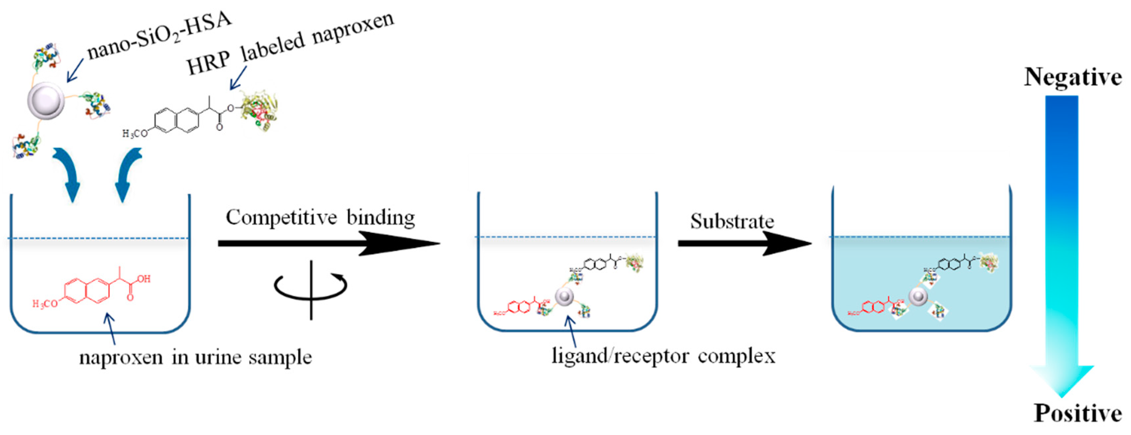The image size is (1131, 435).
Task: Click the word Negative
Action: (1073, 77)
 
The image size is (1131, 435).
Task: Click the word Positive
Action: (1078, 413)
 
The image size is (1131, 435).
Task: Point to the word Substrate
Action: (732, 221)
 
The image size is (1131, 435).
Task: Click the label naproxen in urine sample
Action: (195, 357)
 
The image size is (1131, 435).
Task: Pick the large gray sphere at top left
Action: (46, 100)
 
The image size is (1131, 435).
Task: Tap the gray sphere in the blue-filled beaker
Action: (918, 296)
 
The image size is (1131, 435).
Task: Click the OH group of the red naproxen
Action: (144, 279)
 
